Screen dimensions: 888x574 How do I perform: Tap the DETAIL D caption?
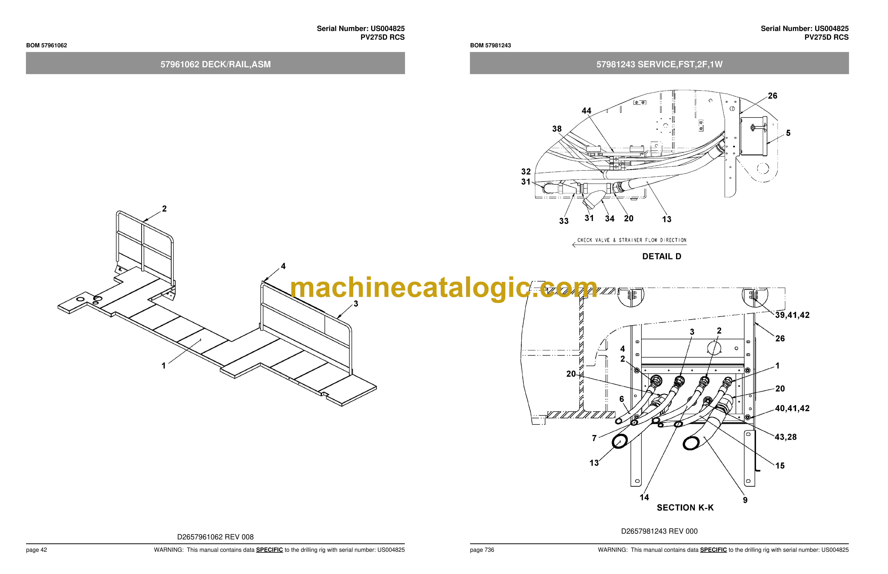pyautogui.click(x=661, y=256)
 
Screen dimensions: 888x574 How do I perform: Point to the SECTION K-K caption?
pyautogui.click(x=685, y=508)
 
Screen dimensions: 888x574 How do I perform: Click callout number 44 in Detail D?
pyautogui.click(x=587, y=111)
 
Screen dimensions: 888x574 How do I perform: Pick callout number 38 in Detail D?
pyautogui.click(x=557, y=129)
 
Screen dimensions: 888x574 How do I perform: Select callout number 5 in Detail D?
pyautogui.click(x=788, y=133)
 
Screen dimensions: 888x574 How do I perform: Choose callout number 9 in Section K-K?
pyautogui.click(x=745, y=500)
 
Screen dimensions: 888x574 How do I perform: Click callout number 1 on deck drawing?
pyautogui.click(x=163, y=366)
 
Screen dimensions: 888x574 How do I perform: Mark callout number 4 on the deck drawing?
pyautogui.click(x=283, y=266)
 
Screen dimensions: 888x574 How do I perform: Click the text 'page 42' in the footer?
pyautogui.click(x=37, y=550)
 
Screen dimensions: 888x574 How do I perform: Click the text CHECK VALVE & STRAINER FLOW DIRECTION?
pyautogui.click(x=632, y=240)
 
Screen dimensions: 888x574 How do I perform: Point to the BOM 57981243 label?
pyautogui.click(x=490, y=45)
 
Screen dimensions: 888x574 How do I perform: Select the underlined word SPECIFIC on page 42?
pyautogui.click(x=269, y=550)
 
